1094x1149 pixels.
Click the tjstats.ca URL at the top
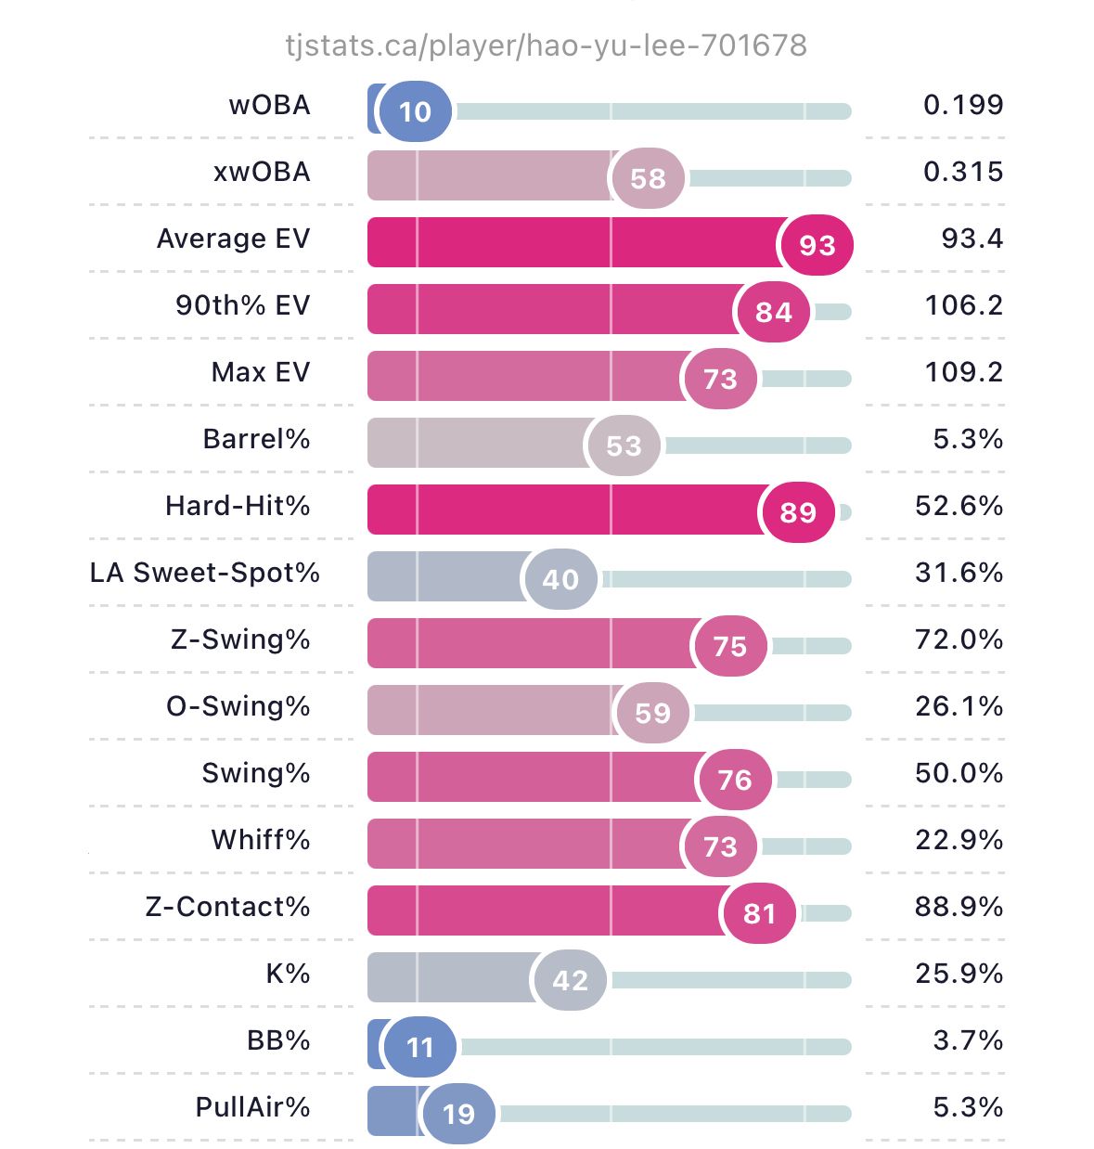546,45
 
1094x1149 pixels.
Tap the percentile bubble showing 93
817,245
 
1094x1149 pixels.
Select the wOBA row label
269,105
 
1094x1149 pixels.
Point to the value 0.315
963,172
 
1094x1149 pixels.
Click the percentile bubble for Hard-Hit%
797,512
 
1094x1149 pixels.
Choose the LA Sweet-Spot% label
204,573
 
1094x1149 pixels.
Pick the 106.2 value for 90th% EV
964,305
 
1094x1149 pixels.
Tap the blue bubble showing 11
419,1047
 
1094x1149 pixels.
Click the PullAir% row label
252,1107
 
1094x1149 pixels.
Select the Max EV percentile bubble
720,379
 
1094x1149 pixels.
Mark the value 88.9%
959,907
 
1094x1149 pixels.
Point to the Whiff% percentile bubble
720,846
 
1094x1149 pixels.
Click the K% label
288,974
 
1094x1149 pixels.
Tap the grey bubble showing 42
570,980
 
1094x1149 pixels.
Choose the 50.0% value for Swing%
959,773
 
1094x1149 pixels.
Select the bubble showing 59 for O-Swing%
652,713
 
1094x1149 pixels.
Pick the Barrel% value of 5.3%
968,439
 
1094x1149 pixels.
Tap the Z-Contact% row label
227,907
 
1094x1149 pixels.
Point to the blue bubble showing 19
458,1114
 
